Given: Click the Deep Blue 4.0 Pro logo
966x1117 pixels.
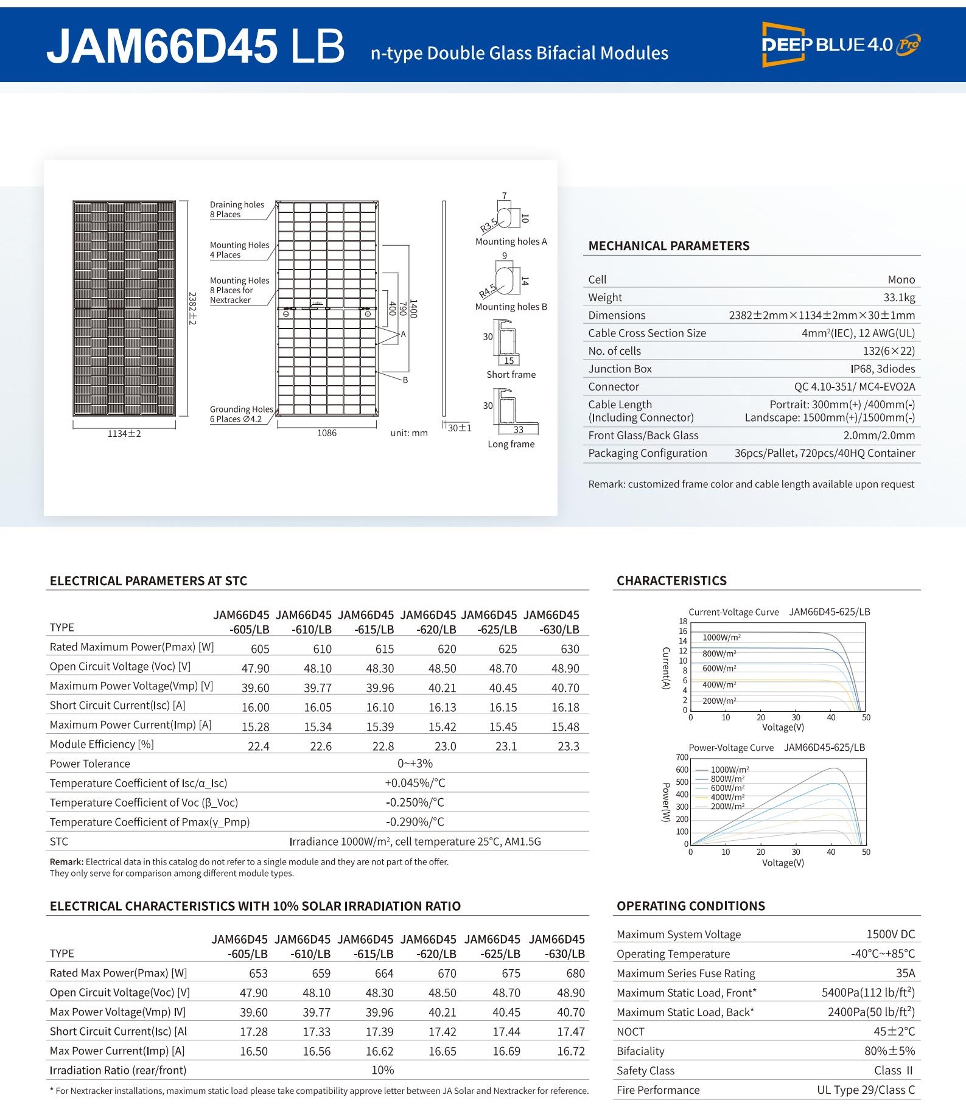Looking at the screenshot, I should tap(841, 44).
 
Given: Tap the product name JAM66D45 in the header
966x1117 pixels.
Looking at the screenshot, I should tap(162, 46).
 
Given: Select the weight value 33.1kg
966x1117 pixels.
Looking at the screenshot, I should tap(899, 298).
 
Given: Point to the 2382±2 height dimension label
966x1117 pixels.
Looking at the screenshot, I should tap(192, 308).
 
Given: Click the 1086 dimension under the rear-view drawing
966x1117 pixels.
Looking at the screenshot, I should tap(327, 433).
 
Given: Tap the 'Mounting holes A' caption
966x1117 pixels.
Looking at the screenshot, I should tap(511, 242).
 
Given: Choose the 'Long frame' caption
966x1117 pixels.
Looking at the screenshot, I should tap(511, 444).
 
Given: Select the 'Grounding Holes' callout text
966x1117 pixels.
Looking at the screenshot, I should tap(241, 409).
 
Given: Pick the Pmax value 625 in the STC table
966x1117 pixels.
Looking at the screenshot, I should tap(508, 649).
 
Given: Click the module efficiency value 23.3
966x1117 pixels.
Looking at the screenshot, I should tap(569, 746).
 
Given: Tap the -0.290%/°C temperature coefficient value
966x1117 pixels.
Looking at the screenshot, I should tap(415, 822).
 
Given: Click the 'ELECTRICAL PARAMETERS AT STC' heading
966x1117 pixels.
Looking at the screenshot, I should tap(149, 581).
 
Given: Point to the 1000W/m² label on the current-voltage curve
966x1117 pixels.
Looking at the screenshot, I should tap(721, 638).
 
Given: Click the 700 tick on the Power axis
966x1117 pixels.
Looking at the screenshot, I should tap(682, 757).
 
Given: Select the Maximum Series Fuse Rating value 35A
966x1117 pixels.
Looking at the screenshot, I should tap(905, 973).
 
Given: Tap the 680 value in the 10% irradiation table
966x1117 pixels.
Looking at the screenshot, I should tap(575, 974).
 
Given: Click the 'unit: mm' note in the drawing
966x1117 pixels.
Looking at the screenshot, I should tap(409, 433).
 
